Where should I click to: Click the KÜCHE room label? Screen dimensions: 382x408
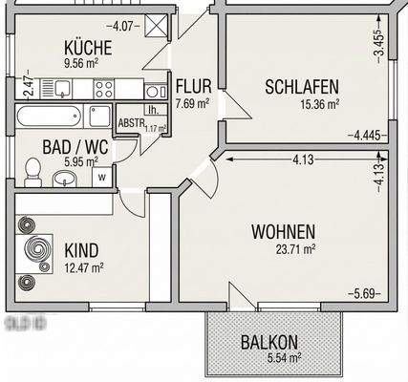click(x=85, y=48)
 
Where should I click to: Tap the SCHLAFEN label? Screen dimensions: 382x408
click(x=302, y=87)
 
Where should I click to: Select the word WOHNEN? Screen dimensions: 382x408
click(x=284, y=231)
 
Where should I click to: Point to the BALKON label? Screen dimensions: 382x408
click(x=270, y=342)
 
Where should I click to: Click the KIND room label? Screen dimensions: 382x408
click(x=81, y=250)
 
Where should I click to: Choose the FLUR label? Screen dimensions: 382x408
click(x=192, y=82)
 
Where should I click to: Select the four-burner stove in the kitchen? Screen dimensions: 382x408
click(x=102, y=89)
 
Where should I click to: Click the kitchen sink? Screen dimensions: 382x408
click(x=63, y=89)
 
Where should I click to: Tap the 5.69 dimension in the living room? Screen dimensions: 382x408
click(x=365, y=293)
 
